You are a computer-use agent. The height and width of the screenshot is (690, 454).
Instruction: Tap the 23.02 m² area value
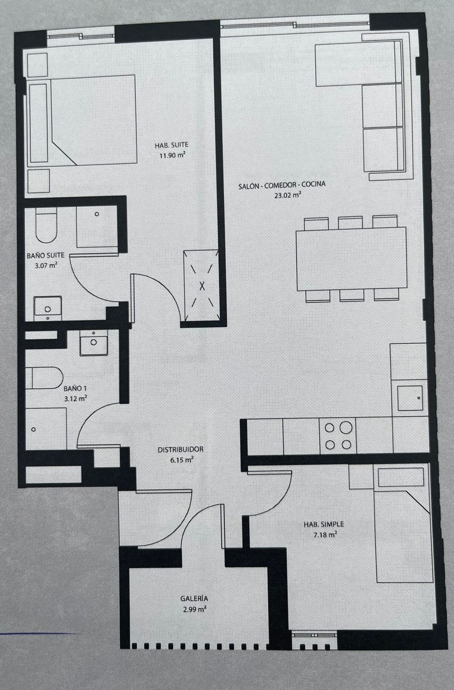pyautogui.click(x=287, y=195)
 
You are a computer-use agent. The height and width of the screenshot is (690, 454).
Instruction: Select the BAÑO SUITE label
pyautogui.click(x=45, y=255)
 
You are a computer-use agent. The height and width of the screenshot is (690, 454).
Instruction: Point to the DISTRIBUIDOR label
pyautogui.click(x=181, y=449)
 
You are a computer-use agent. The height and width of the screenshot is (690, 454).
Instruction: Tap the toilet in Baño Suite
pyautogui.click(x=46, y=225)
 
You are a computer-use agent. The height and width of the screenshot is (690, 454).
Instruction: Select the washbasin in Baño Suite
pyautogui.click(x=48, y=309)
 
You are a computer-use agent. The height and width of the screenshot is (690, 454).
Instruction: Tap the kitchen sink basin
pyautogui.click(x=410, y=398)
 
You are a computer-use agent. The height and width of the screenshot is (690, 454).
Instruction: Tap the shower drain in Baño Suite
pyautogui.click(x=97, y=214)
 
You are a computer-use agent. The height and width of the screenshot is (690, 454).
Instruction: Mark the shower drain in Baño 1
pyautogui.click(x=34, y=429)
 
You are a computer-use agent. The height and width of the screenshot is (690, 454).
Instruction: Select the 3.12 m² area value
pyautogui.click(x=75, y=399)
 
